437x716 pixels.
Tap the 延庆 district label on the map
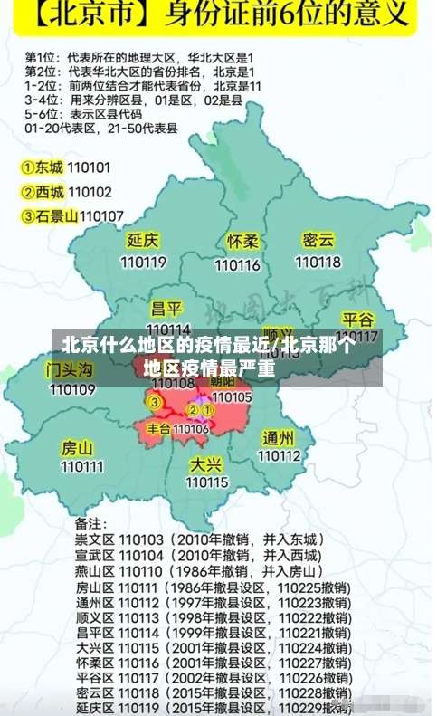[143, 241]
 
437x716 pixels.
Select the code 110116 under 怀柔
[238, 265]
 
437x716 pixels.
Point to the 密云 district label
[318, 240]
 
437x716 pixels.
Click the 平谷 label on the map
[358, 320]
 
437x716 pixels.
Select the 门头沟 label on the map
[70, 369]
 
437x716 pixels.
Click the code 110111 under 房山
[82, 467]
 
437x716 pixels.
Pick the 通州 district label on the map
[279, 438]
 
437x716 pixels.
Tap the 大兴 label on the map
[206, 464]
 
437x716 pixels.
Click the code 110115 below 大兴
[207, 483]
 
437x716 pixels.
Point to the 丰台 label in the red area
[158, 428]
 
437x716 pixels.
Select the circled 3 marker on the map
[155, 402]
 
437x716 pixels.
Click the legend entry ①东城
[43, 167]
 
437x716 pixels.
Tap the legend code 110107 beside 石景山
[102, 215]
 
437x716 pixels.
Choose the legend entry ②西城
[43, 192]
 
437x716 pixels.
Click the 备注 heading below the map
[90, 523]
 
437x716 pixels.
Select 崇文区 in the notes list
[93, 539]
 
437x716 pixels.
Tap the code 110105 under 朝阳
[232, 396]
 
